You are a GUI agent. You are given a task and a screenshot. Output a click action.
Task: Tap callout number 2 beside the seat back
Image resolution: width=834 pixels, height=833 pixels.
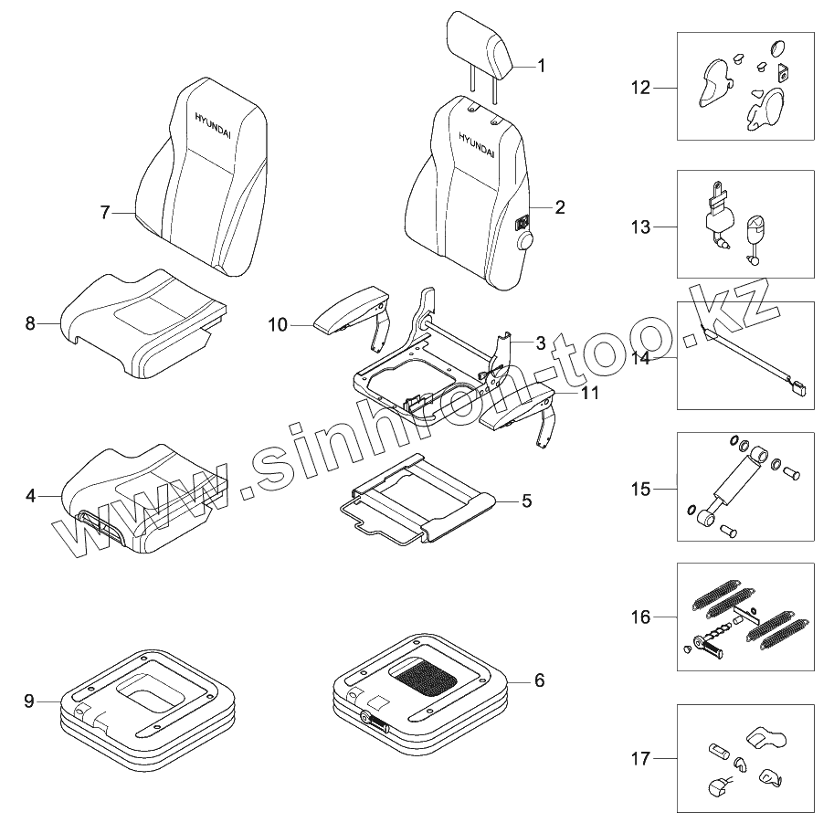[559, 207]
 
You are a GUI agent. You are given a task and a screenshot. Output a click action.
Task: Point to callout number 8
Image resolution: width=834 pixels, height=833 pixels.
[30, 323]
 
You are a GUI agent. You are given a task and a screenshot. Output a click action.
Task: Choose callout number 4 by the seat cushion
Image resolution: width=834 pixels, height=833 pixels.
[30, 496]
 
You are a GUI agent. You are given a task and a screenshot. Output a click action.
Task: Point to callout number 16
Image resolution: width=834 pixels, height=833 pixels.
[640, 617]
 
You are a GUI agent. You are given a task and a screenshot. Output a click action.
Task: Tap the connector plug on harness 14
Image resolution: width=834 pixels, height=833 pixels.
[797, 388]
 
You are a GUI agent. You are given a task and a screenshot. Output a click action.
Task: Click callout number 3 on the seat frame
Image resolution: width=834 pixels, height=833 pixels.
[540, 343]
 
